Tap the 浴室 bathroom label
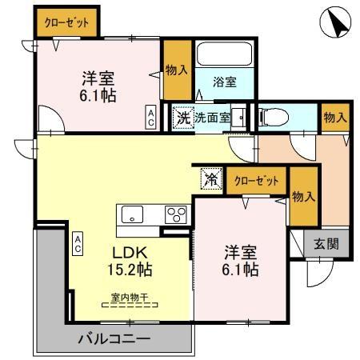[x=225, y=81]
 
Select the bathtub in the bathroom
[x=225, y=55]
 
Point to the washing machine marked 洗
[x=183, y=117]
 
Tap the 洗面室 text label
[x=214, y=117]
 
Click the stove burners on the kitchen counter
[x=175, y=214]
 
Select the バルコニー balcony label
[x=114, y=338]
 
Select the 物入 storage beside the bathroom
[x=176, y=71]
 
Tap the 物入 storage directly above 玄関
[x=302, y=197]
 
